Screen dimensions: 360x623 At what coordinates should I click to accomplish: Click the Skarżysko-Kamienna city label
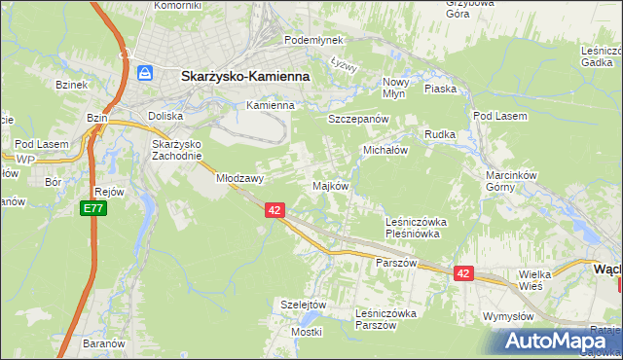tap(244, 74)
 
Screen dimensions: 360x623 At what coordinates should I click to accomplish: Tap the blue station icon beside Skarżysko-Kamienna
tap(145, 73)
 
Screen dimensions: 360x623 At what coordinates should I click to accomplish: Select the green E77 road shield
tap(92, 209)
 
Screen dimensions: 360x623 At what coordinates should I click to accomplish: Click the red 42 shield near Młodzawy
tap(274, 210)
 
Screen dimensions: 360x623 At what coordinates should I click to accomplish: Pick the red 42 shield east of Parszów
tap(462, 274)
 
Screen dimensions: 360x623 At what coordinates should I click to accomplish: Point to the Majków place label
tap(329, 186)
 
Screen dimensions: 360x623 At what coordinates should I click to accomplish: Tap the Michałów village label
tap(385, 151)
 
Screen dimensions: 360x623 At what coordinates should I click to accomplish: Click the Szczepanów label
tap(358, 118)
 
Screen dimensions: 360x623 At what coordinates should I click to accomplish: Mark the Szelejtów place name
tap(302, 304)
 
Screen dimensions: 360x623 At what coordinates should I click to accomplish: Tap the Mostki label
tap(307, 332)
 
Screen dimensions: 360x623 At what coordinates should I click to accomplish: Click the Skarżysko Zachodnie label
tap(176, 150)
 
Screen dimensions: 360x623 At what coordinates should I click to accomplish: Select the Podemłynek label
tap(309, 41)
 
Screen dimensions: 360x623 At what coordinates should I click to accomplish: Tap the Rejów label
tap(109, 192)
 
